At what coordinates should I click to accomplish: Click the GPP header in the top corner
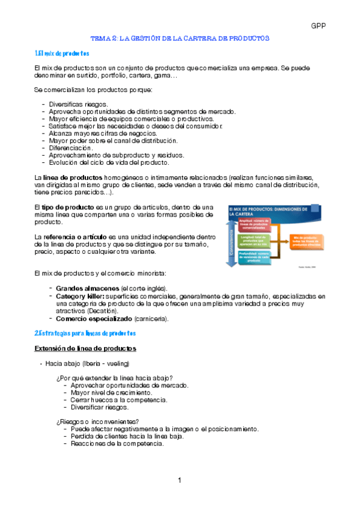(318, 26)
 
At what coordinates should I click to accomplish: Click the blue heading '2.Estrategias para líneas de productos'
(85, 333)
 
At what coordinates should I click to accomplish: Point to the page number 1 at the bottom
(180, 481)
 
